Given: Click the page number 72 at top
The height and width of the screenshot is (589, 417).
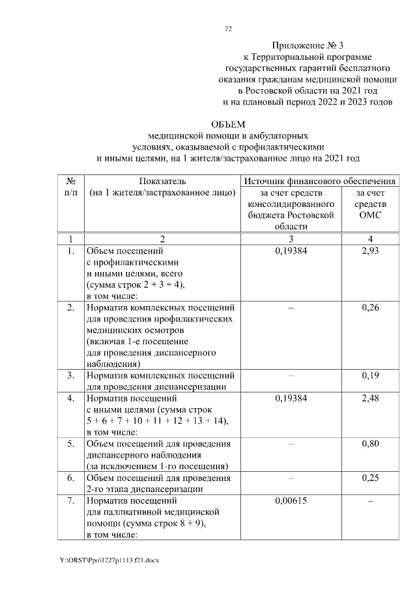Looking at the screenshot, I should pyautogui.click(x=228, y=29).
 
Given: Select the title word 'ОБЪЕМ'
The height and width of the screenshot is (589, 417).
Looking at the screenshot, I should pyautogui.click(x=227, y=125).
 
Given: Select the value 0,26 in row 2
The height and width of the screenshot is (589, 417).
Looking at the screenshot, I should pyautogui.click(x=369, y=307).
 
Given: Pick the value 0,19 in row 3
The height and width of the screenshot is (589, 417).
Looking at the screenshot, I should pyautogui.click(x=369, y=376).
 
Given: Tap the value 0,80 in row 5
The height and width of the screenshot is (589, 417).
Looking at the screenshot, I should pyautogui.click(x=369, y=444).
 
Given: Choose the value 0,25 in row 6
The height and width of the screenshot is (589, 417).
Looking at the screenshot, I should pyautogui.click(x=369, y=478).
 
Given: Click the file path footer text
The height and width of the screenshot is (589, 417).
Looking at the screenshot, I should pyautogui.click(x=108, y=560).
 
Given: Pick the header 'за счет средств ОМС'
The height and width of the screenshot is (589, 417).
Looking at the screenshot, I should pyautogui.click(x=369, y=204).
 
